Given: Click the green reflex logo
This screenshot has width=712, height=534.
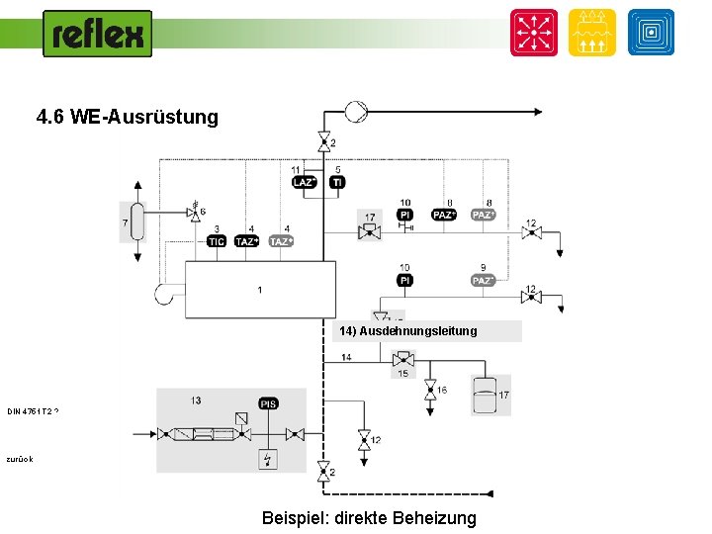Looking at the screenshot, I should (x=98, y=35).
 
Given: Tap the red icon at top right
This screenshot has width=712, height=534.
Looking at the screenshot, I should (x=533, y=33).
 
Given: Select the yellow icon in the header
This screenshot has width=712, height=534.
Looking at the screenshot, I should (x=591, y=33).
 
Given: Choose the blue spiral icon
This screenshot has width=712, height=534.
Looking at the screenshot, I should (x=650, y=33).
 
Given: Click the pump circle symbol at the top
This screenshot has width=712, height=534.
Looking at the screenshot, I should (x=355, y=111).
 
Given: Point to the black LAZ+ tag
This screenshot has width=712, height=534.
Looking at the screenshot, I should (x=304, y=182).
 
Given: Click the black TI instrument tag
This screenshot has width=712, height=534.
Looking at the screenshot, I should (x=337, y=182).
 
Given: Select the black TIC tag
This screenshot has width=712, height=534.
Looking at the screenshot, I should (x=216, y=241).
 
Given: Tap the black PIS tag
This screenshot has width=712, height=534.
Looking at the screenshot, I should (x=268, y=403).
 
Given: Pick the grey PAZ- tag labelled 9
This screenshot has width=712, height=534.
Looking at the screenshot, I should (x=483, y=281).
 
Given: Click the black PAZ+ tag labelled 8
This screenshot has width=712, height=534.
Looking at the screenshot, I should (x=444, y=215).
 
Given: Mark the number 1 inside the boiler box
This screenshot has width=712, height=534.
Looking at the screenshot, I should (x=259, y=290).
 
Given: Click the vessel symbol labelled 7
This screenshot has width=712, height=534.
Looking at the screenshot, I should (x=137, y=222).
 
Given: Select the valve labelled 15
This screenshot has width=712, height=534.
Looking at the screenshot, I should (x=402, y=359).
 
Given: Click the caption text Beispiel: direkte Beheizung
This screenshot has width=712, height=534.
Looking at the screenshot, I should (x=369, y=517).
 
